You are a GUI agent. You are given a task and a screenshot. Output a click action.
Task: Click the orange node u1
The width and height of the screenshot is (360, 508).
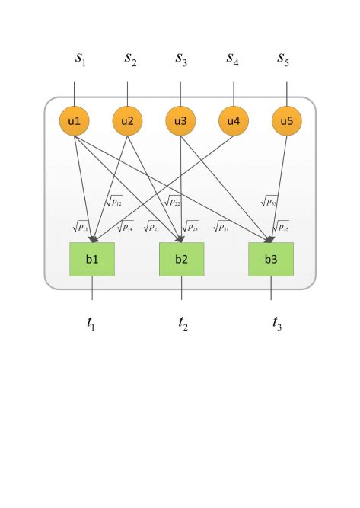[x=75, y=120]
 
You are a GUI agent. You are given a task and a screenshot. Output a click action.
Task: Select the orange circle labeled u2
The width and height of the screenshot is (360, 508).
[x=128, y=120]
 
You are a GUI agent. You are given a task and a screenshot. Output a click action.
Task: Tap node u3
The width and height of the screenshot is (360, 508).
[x=181, y=120]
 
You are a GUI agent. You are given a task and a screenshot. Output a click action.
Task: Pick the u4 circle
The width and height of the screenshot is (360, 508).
[x=234, y=120]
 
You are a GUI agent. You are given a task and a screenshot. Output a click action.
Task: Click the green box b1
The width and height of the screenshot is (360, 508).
[x=92, y=259]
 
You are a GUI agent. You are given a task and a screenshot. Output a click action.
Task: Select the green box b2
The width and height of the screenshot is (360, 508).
[x=181, y=259]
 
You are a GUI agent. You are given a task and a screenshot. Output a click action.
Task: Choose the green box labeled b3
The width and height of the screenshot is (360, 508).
[x=271, y=259]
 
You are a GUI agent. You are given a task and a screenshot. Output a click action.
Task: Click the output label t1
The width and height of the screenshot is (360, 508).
[x=91, y=323]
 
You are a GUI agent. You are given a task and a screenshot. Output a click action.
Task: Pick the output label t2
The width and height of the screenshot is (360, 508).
[x=183, y=323]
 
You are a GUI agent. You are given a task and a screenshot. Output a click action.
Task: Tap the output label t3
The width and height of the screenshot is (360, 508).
[x=277, y=323]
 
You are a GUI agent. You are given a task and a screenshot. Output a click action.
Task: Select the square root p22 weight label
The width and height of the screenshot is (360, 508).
[x=171, y=201]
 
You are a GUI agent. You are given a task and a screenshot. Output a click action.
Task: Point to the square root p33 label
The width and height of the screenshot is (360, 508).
[x=268, y=201]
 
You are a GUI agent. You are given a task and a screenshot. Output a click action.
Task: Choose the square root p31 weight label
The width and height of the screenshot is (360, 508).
[x=221, y=225]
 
